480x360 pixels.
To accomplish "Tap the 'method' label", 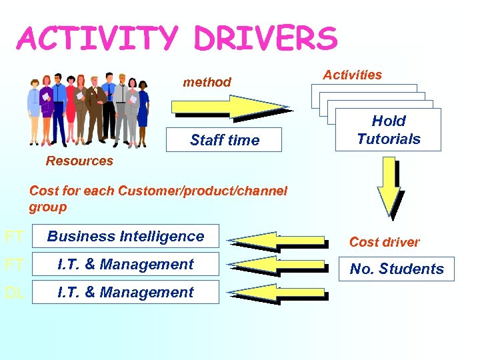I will click(x=207, y=82).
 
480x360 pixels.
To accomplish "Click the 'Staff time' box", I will click(x=224, y=140).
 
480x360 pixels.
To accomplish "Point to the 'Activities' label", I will click(x=352, y=75).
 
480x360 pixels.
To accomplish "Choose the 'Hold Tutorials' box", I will click(x=388, y=130).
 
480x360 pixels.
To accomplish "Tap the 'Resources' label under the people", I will click(x=79, y=161).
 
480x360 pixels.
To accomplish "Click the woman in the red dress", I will click(x=71, y=110).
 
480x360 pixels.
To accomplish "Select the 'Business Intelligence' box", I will click(x=125, y=236).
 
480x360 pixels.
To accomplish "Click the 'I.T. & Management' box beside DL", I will click(x=125, y=292).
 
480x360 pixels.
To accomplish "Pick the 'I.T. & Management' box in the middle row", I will click(x=125, y=264).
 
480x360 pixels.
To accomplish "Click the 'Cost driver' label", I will click(x=384, y=242).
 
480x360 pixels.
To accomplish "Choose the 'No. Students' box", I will click(x=397, y=269).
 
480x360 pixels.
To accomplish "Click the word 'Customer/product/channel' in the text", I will click(x=202, y=191).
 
